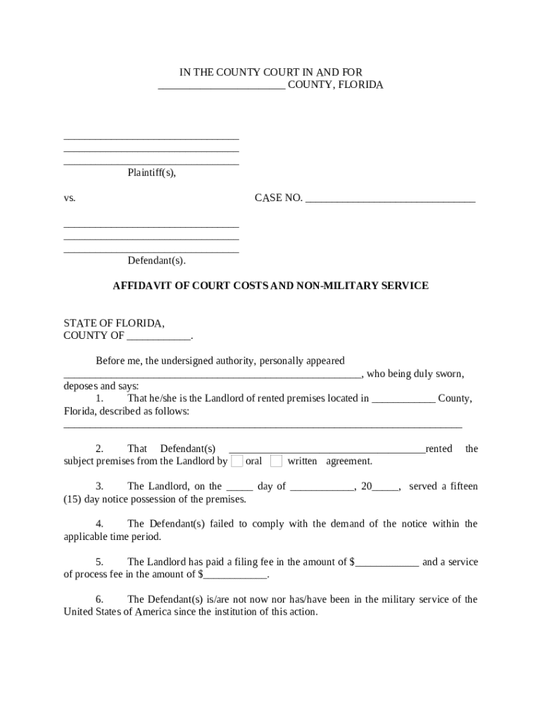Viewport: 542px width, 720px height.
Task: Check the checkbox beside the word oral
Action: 237,461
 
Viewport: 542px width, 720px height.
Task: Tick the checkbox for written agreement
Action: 277,461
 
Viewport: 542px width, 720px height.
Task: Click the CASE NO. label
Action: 278,198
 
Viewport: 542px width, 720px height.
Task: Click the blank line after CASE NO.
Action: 391,200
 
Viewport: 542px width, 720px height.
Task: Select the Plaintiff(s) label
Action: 151,172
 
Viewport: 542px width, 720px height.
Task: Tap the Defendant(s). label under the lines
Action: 156,261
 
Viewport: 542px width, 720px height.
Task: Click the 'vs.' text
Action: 70,198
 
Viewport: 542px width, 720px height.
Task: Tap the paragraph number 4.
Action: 100,524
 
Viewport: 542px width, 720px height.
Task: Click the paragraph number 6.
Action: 100,600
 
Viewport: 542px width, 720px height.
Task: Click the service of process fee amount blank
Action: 236,576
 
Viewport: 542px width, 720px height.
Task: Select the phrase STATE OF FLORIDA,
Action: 114,323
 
